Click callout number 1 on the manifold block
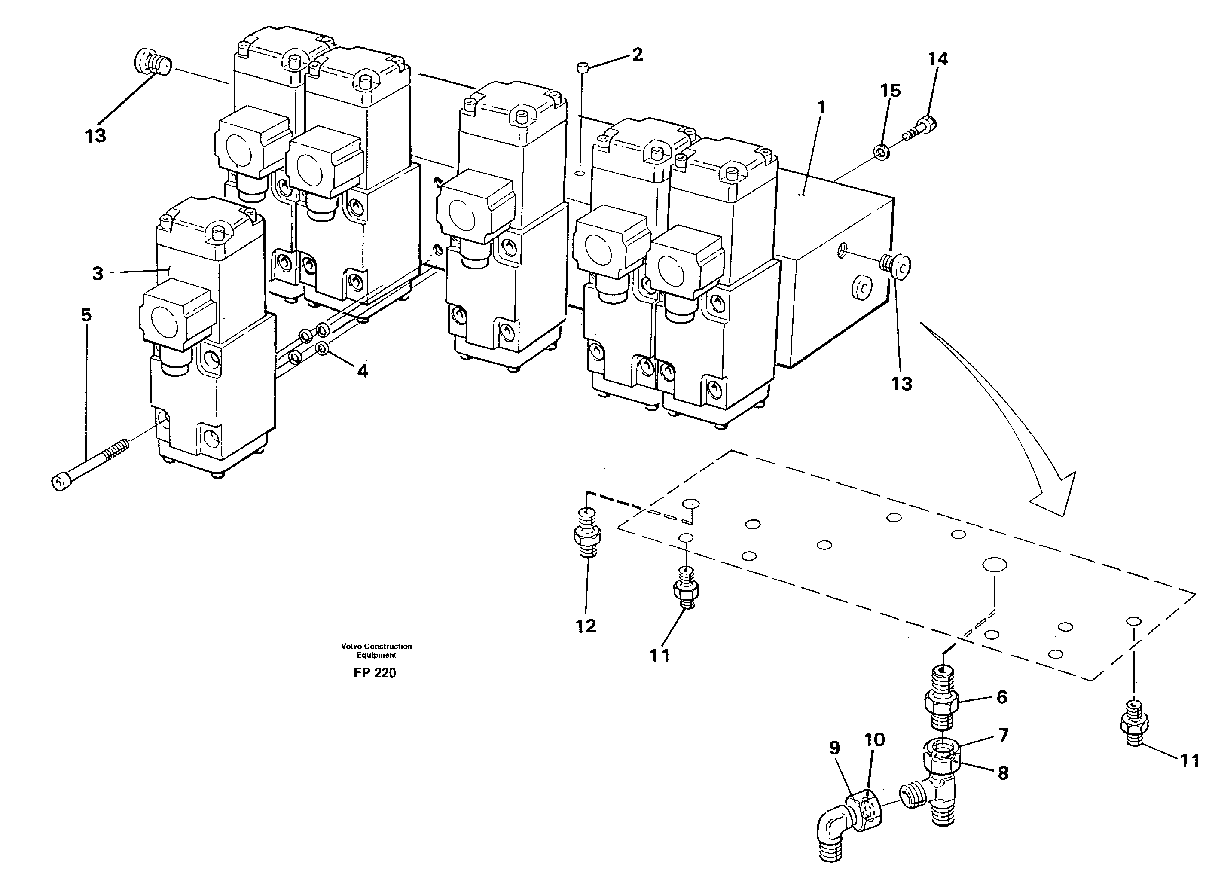click(821, 107)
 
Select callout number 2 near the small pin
click(637, 55)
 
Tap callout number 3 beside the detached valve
click(97, 274)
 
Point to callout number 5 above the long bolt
click(86, 315)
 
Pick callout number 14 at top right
click(938, 59)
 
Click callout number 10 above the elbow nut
click(875, 740)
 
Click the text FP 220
click(374, 673)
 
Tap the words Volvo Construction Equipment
click(376, 650)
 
